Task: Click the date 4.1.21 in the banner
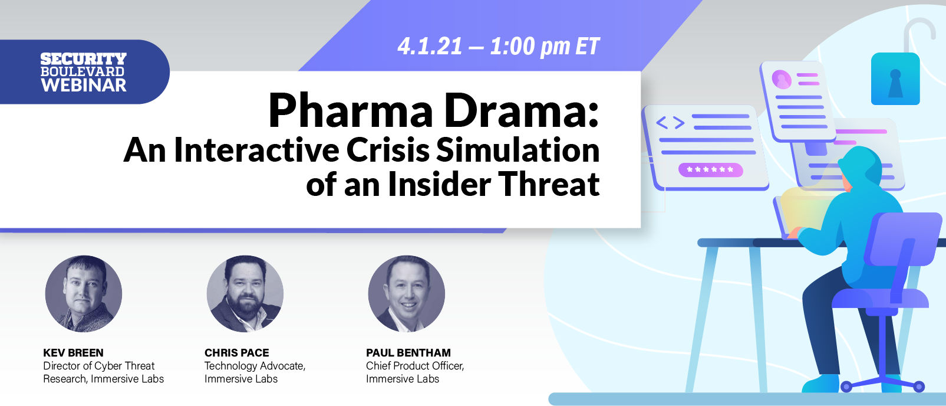pos(430,47)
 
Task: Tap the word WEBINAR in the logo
pos(84,86)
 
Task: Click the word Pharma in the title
pos(351,111)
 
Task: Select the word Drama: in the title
pos(522,111)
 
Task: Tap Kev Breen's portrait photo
pos(84,293)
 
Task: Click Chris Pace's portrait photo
pos(245,293)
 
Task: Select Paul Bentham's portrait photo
pos(407,293)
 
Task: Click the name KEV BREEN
pos(73,353)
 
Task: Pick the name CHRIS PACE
pos(236,353)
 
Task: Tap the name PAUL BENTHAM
pos(408,353)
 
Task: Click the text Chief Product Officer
pos(414,366)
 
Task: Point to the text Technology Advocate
pos(255,366)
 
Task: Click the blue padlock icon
pos(895,79)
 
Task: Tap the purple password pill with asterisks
pos(710,170)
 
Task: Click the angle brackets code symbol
pos(670,123)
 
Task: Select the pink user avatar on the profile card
pos(782,79)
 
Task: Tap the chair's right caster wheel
pos(919,387)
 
